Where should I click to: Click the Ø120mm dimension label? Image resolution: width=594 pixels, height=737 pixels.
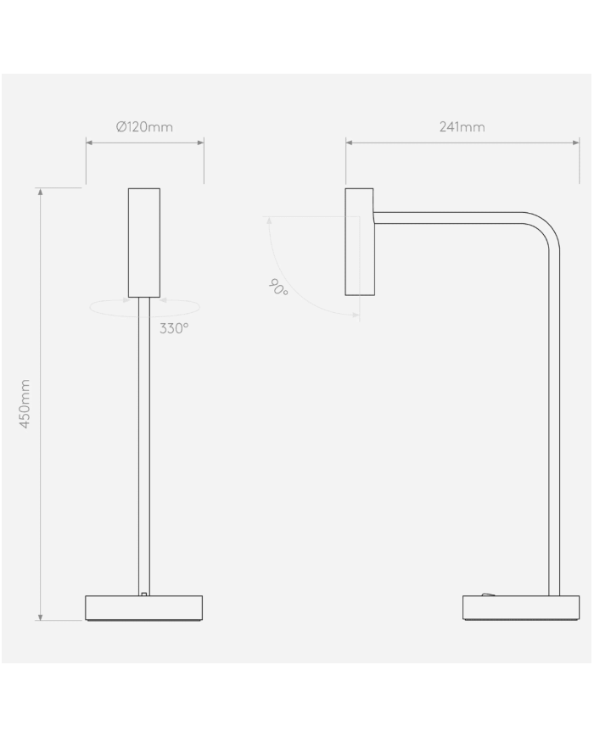(144, 127)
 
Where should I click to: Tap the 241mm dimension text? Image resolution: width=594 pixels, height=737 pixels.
(462, 127)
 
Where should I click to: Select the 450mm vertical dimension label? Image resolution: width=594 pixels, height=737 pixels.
(25, 404)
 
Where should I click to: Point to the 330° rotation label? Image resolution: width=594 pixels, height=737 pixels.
(174, 328)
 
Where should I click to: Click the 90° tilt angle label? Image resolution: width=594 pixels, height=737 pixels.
(278, 288)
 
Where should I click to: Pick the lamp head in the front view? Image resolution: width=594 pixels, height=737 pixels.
(144, 242)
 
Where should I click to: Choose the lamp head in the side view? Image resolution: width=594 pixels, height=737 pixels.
(359, 242)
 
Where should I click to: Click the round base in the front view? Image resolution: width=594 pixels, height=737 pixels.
(144, 608)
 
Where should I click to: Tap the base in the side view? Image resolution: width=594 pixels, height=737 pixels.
(509, 608)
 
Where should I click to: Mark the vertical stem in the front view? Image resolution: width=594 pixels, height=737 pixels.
(144, 441)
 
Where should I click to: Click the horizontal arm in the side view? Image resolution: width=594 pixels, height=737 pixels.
(450, 218)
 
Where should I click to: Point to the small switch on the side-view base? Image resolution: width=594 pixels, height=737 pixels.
(487, 595)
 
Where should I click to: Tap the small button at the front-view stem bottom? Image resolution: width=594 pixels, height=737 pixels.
(145, 594)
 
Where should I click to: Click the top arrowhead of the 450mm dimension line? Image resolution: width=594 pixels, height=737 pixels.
(40, 192)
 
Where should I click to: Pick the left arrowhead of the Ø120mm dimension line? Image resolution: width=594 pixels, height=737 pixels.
(89, 142)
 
